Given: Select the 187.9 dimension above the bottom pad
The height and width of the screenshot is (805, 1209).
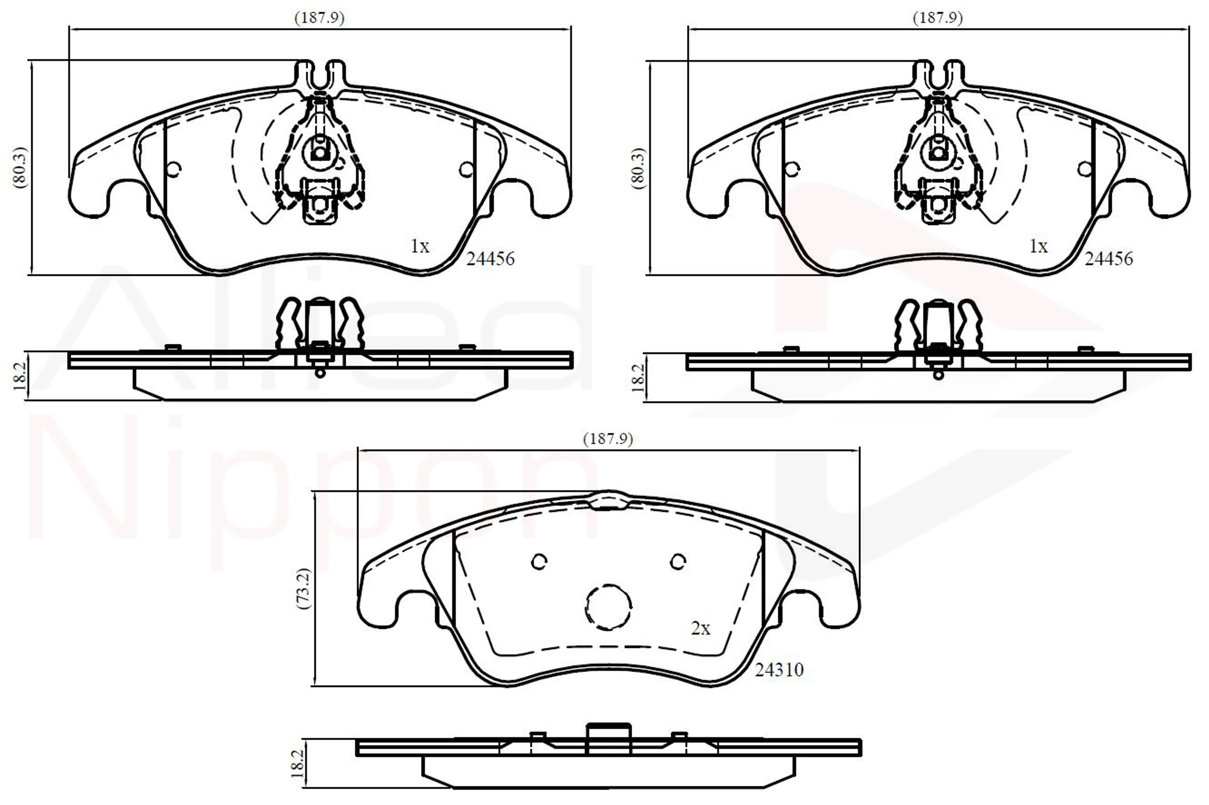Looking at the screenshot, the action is [x=608, y=439].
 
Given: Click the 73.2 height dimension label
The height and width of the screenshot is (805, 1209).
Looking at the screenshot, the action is [x=304, y=588].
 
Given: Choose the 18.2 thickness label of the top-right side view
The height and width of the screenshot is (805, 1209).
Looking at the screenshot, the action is [x=638, y=378].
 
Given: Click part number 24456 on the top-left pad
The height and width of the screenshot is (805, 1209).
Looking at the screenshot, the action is [x=490, y=259].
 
